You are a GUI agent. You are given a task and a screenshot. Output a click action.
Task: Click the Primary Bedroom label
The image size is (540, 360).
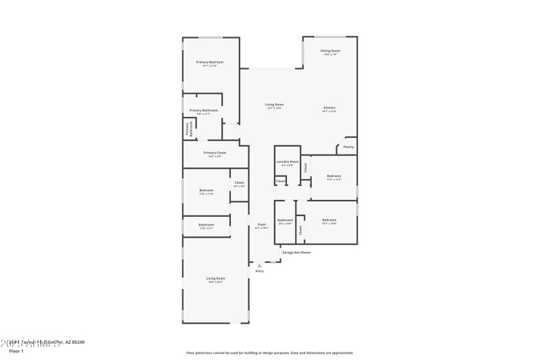pos(210,62)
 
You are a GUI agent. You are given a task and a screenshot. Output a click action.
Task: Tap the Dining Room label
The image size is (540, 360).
pos(330,51)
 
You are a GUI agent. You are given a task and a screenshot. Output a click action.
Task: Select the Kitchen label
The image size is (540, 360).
pos(329,108)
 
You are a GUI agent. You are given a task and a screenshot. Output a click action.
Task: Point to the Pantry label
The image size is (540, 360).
pos(348,147)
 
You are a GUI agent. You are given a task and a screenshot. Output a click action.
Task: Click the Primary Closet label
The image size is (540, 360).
pos(215,153)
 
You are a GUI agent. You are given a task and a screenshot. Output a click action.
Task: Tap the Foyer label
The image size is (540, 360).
pos(262,224)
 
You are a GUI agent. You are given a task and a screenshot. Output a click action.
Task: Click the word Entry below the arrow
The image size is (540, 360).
pos(259,271)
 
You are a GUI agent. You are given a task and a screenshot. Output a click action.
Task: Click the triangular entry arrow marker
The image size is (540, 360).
pos(259,265)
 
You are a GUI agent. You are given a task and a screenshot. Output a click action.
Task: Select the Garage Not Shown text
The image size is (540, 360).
pos(296,253)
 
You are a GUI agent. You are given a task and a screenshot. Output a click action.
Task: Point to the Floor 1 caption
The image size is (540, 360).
pos(16,351)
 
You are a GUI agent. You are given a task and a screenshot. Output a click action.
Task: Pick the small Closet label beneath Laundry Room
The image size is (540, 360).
pos(280,181)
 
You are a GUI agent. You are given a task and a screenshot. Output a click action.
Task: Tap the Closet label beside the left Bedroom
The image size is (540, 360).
pos(239,182)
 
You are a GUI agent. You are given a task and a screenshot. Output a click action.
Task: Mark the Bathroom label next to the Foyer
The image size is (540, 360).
pos(285,220)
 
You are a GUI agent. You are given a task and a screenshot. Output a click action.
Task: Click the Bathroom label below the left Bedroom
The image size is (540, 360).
pos(206,225)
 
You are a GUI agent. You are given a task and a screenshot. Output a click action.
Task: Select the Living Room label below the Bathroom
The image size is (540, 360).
pos(215,278)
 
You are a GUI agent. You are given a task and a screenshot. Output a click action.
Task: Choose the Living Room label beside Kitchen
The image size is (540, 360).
pos(274,105)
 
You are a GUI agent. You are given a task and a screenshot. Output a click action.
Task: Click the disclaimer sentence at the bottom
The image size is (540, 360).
pos(269,353)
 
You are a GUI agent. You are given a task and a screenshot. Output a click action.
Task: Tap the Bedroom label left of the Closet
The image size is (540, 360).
pos(207,190)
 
